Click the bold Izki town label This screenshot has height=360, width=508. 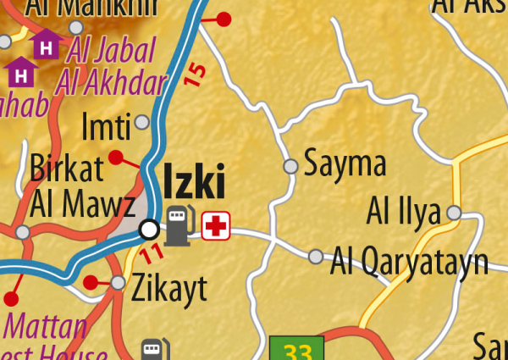coord(194,183)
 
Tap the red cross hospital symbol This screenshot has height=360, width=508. coord(216,225)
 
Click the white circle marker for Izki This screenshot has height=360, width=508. coord(150,229)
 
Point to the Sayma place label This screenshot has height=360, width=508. coord(345,163)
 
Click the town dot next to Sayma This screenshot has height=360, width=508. coord(290,166)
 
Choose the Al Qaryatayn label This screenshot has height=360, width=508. coord(410,262)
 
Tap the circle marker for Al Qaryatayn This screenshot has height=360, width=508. coord(316,256)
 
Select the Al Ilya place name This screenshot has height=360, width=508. coord(403,212)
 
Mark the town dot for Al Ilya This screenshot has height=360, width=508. coord(455,212)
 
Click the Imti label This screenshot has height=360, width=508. coord(106,128)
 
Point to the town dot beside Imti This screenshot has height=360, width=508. coord(142,123)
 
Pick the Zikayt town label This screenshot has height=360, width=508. coord(169,290)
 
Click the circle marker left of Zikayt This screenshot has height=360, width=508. coord(119,282)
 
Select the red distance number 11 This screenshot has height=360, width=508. coord(152,252)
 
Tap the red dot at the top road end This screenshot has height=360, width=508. coord(224,18)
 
